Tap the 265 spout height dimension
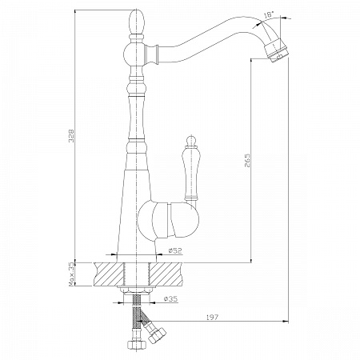pos(247,160)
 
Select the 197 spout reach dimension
pos(212,317)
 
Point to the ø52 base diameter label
pos(175,250)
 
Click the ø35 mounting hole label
pos(171,298)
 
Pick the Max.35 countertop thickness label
pos(71,274)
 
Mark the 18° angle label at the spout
pos(269,15)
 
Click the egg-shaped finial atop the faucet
pos(138,22)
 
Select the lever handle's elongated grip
pos(191,174)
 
